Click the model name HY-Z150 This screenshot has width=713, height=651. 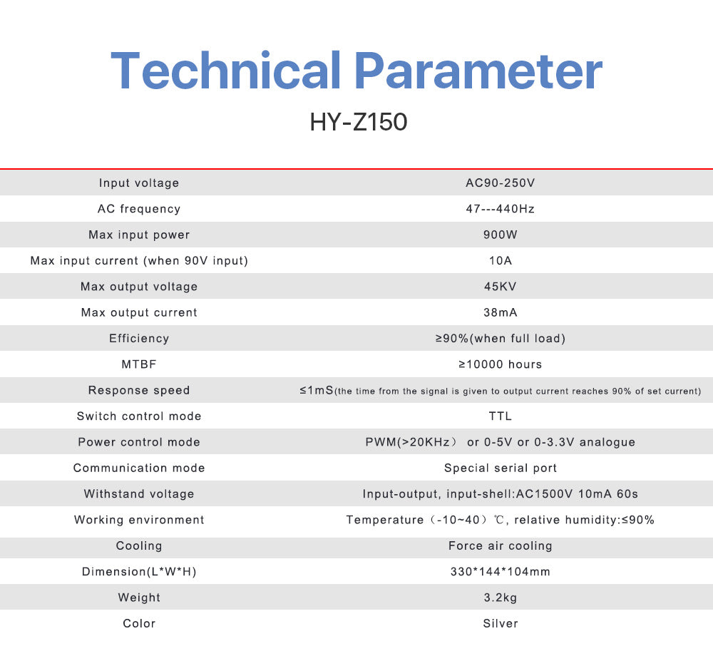pyautogui.click(x=359, y=122)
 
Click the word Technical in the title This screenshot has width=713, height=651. pyautogui.click(x=225, y=71)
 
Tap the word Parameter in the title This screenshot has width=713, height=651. pyautogui.click(x=478, y=71)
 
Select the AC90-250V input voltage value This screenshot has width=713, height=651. pyautogui.click(x=501, y=183)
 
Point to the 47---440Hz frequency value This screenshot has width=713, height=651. pyautogui.click(x=501, y=209)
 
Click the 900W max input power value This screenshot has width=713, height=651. pyautogui.click(x=501, y=235)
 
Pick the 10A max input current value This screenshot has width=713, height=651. pyautogui.click(x=501, y=260)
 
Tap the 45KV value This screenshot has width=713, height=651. pyautogui.click(x=501, y=287)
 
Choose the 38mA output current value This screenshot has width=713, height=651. pyautogui.click(x=501, y=312)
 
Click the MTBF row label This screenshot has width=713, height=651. pyautogui.click(x=139, y=364)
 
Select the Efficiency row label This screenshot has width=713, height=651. pyautogui.click(x=139, y=338)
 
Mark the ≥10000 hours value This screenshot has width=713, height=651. pyautogui.click(x=501, y=364)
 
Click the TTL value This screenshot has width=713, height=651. pyautogui.click(x=501, y=416)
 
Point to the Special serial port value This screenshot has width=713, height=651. pyautogui.click(x=501, y=468)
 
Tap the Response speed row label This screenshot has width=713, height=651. pyautogui.click(x=139, y=390)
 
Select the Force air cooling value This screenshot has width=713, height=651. pyautogui.click(x=501, y=545)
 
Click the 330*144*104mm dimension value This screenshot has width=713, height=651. pyautogui.click(x=501, y=571)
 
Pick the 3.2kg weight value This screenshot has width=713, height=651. pyautogui.click(x=501, y=598)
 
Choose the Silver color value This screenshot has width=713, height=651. pyautogui.click(x=501, y=623)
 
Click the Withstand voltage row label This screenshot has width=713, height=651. pyautogui.click(x=139, y=493)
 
